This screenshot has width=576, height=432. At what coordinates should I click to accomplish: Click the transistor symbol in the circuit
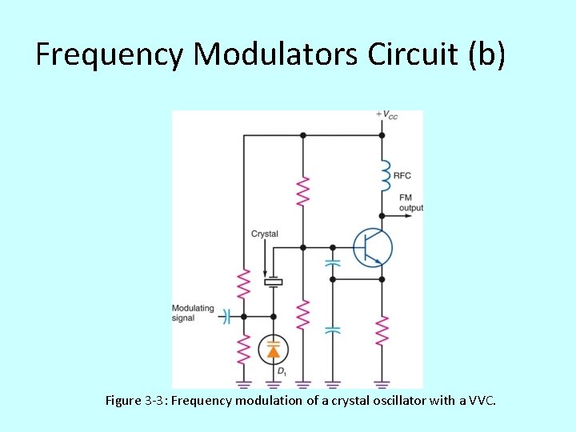coord(373,247)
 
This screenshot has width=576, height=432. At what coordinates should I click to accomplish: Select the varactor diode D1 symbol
coord(274,350)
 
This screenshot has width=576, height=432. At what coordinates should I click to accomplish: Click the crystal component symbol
coord(274,281)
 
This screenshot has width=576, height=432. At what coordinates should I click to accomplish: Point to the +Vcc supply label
coord(387,115)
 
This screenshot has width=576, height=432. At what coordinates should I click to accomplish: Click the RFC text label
coord(402,175)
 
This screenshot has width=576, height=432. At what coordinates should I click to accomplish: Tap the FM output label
coord(410,202)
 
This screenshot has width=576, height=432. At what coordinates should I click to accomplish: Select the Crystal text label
coord(265,234)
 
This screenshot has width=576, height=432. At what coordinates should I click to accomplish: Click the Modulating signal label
coord(193,312)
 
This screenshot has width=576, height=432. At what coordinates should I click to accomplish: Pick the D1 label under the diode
coord(282,371)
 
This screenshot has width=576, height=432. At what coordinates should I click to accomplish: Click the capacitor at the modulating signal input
coord(226,317)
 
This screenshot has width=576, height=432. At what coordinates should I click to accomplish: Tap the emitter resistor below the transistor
coord(382,331)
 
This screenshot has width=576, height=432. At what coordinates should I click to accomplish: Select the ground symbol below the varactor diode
coord(274,383)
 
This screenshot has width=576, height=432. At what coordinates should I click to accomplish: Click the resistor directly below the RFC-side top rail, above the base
coord(302,192)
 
